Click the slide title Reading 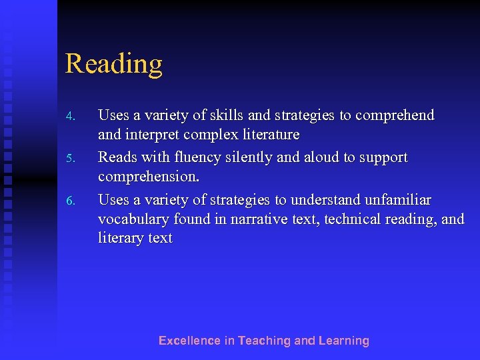click(113, 64)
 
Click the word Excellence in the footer click(189, 341)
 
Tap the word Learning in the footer click(343, 341)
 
